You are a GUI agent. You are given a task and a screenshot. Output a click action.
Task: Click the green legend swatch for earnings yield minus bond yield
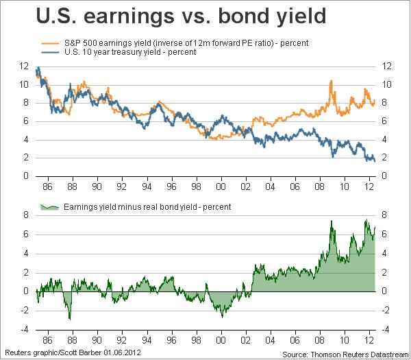click(49, 206)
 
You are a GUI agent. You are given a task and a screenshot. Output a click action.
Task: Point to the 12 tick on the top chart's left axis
click(25, 67)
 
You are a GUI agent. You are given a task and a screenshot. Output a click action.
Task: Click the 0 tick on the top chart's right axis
click(384, 176)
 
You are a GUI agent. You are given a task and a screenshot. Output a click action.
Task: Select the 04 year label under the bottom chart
click(270, 338)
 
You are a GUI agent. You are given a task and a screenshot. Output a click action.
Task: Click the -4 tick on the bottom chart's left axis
click(25, 329)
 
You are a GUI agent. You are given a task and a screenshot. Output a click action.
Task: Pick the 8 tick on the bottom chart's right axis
click(384, 215)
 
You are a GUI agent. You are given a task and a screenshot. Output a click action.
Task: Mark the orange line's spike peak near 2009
click(332, 81)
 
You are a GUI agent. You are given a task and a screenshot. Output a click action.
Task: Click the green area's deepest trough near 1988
click(69, 319)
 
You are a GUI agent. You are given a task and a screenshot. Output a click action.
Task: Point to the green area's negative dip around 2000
click(222, 315)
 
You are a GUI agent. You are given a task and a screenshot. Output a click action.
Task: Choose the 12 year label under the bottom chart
click(369, 338)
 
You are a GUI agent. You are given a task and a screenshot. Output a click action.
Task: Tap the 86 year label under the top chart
click(47, 186)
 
